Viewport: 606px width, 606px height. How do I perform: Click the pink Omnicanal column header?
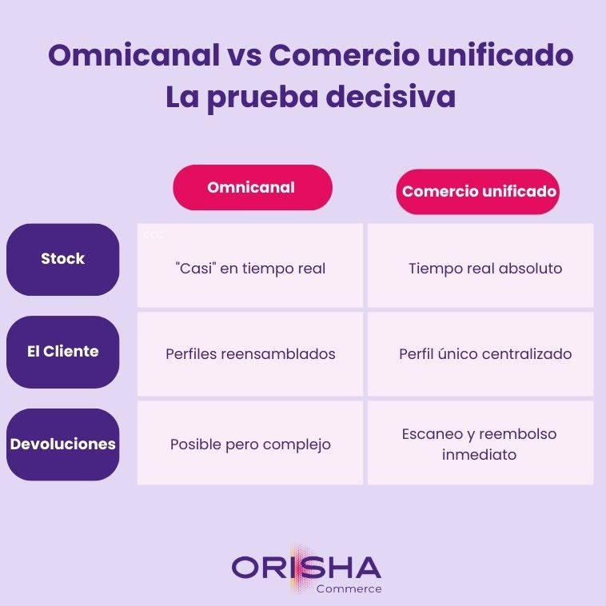point(252,188)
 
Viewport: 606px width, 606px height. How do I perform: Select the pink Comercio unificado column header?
point(478,192)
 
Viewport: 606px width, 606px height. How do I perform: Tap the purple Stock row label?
point(62,259)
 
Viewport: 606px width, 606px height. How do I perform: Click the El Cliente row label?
point(62,352)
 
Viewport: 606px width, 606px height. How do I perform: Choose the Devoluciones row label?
point(62,444)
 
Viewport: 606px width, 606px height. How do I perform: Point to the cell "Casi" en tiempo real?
point(250,268)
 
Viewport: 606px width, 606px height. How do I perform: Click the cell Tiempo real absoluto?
point(484,268)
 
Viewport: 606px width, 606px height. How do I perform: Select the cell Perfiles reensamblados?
point(250,353)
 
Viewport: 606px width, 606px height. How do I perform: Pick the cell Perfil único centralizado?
point(484,353)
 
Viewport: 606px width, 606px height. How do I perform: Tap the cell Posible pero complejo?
point(250,444)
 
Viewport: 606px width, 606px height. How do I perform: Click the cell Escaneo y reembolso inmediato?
point(480,444)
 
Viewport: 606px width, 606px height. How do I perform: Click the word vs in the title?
point(244,56)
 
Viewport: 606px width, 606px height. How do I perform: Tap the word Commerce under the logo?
point(349,589)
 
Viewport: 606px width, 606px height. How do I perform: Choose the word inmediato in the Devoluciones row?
point(479,455)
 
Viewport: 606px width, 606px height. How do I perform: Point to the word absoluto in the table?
point(531,268)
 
